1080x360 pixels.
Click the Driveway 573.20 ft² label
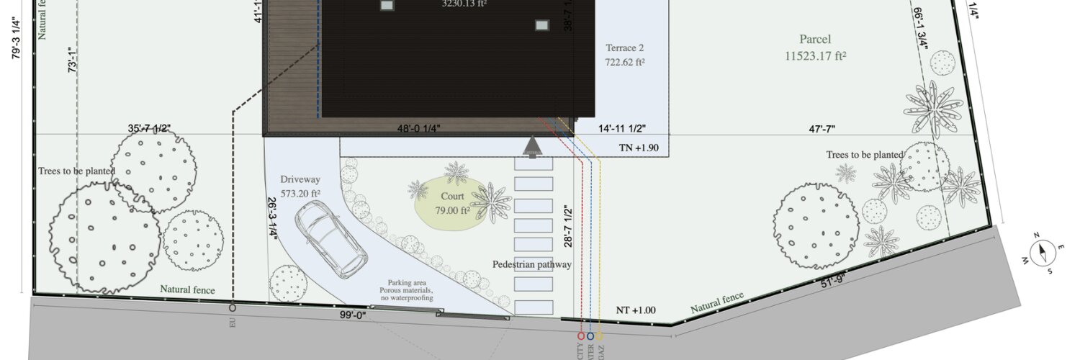tap(300, 186)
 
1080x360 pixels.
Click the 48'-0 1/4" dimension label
tap(419, 128)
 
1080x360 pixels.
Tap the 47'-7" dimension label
tap(823, 128)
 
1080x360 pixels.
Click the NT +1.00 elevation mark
tap(636, 310)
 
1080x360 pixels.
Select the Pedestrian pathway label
tap(531, 264)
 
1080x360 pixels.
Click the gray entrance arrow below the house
tap(532, 147)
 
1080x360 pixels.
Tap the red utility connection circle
tap(581, 336)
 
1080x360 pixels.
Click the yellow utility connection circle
tap(599, 336)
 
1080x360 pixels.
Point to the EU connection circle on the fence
tap(232, 308)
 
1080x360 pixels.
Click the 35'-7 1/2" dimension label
tap(149, 128)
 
